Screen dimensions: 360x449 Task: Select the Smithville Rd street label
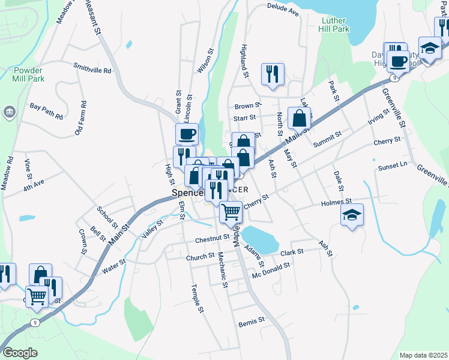pos(92,70)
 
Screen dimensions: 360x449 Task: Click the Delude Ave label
pos(283,10)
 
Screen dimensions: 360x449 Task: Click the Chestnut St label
pos(212,238)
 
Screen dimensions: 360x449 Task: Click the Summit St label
pos(327,144)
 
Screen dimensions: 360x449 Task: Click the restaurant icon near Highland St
pos(273,74)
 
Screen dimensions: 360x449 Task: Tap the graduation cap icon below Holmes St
pos(352,214)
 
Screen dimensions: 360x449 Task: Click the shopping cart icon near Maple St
pos(231,212)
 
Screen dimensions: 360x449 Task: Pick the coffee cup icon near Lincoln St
pos(186,133)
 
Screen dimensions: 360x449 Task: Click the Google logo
pos(20,352)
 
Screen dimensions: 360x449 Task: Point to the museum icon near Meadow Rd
pos(10,112)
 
